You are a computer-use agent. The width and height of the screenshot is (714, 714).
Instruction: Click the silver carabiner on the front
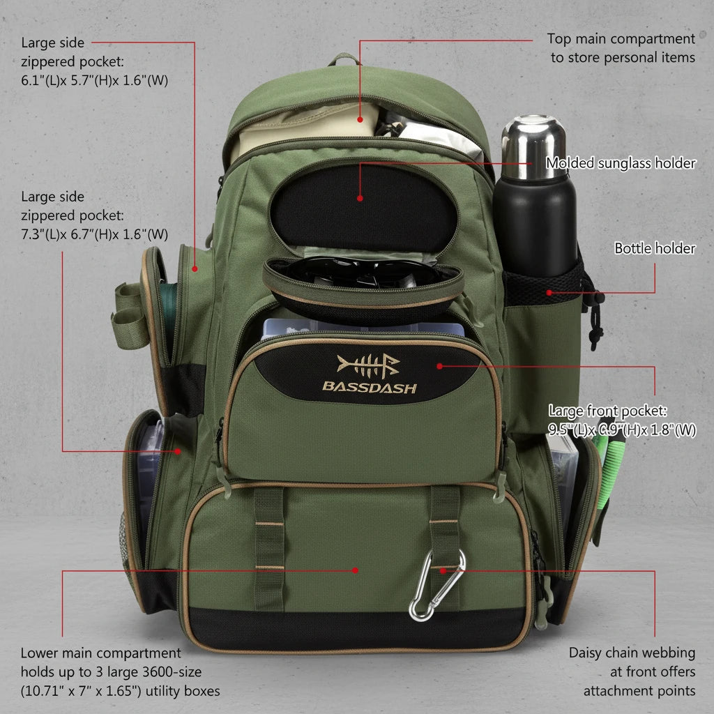(436, 586)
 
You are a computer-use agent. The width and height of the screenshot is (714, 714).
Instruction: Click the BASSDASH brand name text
(369, 386)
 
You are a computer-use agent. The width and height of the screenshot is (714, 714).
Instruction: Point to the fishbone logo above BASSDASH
(368, 364)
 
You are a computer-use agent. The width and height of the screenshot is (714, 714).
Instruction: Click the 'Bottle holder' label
(654, 248)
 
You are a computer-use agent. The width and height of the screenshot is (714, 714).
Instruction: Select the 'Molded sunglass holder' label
(621, 163)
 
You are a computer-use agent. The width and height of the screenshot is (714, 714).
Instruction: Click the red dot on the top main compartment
(360, 119)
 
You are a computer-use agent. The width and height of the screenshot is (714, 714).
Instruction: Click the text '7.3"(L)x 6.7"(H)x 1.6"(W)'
(94, 234)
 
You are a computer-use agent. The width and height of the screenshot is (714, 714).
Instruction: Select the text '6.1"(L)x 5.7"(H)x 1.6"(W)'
(94, 79)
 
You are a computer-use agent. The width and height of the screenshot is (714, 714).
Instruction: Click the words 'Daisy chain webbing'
(632, 653)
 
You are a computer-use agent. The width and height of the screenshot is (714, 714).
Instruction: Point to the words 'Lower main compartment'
(100, 653)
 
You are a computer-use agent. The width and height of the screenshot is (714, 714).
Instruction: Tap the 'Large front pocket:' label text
(607, 411)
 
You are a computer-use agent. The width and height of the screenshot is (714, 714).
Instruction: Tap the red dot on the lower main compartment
(355, 570)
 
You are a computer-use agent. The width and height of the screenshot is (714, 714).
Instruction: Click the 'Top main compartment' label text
(621, 39)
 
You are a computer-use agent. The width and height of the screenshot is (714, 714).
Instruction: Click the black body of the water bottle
(535, 223)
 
